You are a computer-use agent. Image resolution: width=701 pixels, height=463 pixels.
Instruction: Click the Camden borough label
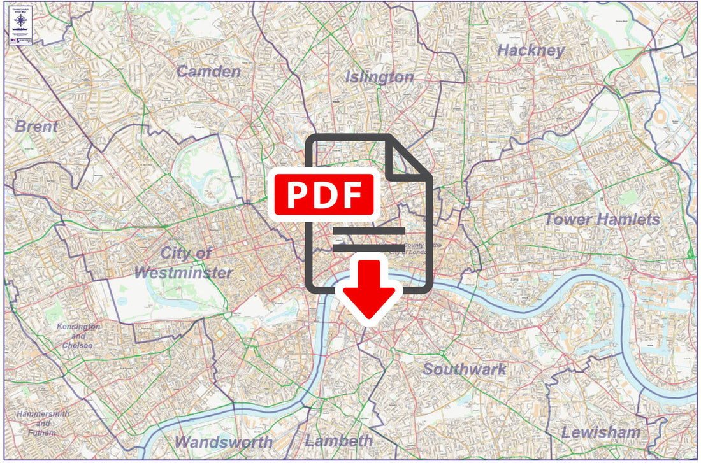(x=209, y=71)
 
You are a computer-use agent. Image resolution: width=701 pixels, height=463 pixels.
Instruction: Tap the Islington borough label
(x=379, y=78)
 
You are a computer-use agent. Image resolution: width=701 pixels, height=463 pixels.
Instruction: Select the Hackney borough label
(x=531, y=51)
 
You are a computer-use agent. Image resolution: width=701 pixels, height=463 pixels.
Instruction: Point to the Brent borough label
(x=36, y=127)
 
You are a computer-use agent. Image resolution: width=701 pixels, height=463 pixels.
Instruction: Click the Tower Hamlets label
(x=602, y=220)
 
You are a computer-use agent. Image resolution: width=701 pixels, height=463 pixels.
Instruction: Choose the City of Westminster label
(x=184, y=262)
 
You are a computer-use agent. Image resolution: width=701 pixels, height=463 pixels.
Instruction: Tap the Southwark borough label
(x=465, y=369)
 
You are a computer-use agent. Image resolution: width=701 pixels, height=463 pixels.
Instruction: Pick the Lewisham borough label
(x=600, y=432)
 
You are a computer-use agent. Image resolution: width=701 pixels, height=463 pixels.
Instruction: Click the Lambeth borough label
(x=338, y=441)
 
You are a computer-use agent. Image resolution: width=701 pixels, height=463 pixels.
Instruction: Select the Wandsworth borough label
(x=224, y=442)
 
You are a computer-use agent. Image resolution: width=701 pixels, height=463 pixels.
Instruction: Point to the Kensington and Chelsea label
(x=78, y=336)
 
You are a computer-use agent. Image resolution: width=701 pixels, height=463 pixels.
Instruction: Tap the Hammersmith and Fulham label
(x=43, y=423)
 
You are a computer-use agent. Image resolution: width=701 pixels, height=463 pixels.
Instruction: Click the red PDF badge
(x=324, y=194)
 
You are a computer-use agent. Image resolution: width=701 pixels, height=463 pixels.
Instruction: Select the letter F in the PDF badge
(x=354, y=194)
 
